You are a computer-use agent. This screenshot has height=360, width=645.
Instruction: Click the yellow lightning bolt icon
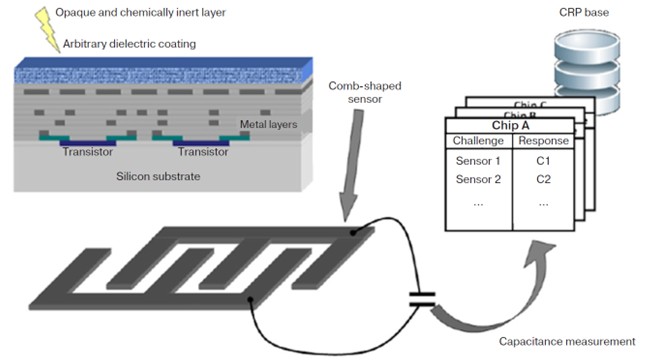[47, 30]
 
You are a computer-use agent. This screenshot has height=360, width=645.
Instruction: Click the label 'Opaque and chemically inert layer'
[140, 13]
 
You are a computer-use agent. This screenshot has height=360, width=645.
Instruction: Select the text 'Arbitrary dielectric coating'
[129, 44]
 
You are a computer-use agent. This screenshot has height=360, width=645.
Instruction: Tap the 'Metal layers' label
[269, 124]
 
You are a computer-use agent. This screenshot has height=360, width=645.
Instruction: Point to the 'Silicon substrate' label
[158, 177]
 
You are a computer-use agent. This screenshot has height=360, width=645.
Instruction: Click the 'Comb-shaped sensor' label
[365, 92]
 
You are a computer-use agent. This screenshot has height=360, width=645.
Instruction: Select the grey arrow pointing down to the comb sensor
[351, 166]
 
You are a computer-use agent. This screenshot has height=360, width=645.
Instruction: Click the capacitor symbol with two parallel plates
[422, 300]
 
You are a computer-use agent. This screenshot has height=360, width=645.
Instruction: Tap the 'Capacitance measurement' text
[567, 341]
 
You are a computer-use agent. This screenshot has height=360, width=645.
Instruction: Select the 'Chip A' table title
[510, 125]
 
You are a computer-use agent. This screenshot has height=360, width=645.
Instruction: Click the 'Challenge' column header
[478, 141]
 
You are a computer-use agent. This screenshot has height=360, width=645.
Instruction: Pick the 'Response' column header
[543, 141]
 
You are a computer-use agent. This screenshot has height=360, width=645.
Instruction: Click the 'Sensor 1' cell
[478, 161]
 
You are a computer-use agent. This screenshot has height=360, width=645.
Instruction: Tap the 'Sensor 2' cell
[478, 179]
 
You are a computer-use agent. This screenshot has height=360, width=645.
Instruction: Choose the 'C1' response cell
[543, 161]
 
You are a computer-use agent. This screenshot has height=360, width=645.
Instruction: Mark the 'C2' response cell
[543, 179]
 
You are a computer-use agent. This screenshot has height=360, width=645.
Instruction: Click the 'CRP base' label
[584, 12]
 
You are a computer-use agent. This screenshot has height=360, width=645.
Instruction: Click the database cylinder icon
[587, 71]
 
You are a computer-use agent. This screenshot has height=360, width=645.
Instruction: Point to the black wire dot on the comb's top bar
[353, 233]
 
